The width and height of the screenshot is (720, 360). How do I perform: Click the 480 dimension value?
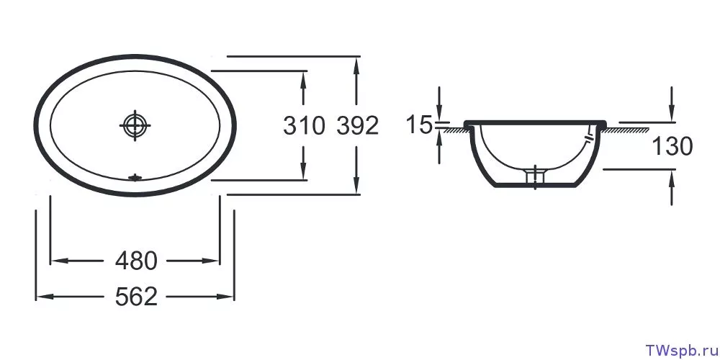pos(136,261)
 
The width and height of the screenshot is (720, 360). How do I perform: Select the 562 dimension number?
pos(136,297)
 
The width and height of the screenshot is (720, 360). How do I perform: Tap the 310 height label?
pos(304,126)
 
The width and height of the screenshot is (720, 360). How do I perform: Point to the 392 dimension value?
pos(358,126)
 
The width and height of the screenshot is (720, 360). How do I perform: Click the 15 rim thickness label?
pos(419,125)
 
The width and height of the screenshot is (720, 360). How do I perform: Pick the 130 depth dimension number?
pos(672,147)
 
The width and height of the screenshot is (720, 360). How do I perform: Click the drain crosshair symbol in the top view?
pos(135,125)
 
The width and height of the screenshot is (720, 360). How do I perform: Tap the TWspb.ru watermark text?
pos(681,350)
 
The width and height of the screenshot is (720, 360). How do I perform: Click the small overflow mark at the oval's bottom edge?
pos(135,177)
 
